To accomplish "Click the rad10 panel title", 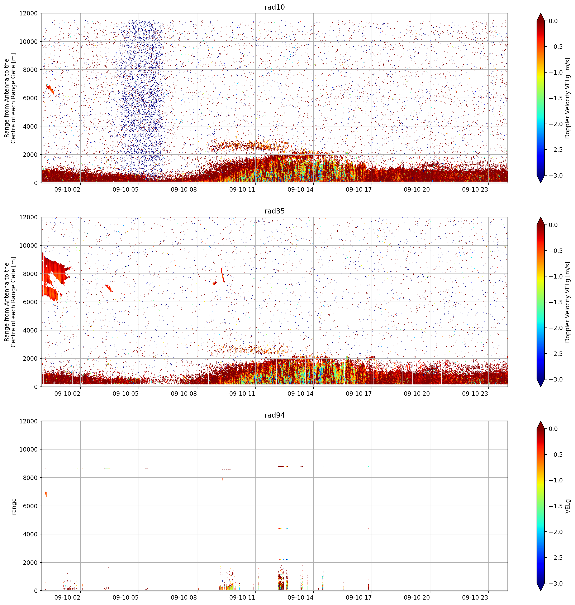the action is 274,7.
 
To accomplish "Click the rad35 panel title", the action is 274,211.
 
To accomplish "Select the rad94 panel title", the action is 274,415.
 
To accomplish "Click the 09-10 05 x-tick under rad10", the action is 126,190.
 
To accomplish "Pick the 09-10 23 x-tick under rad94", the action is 475,597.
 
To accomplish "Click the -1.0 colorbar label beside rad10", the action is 555,73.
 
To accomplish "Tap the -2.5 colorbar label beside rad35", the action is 555,353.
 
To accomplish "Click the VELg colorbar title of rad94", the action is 568,506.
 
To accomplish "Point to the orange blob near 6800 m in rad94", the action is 46,494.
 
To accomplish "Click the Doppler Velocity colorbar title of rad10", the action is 568,98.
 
